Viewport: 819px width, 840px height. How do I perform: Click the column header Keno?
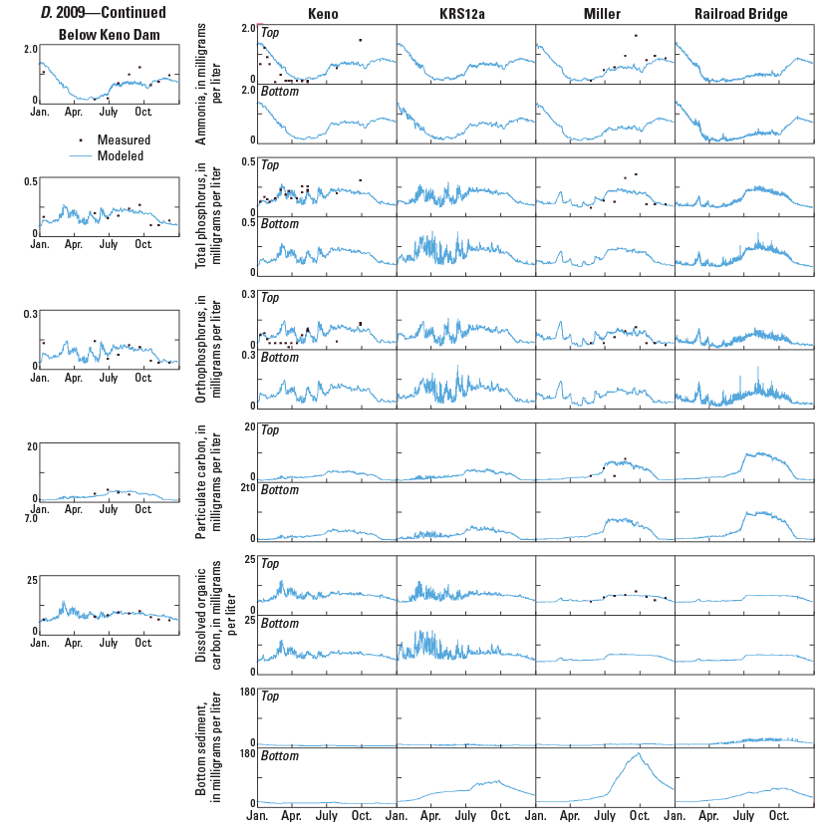tap(326, 14)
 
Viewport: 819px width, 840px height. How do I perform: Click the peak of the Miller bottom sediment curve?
tap(636, 754)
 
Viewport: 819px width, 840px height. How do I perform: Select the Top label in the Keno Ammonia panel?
tap(270, 32)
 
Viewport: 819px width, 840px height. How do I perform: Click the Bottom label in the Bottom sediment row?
tap(280, 756)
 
